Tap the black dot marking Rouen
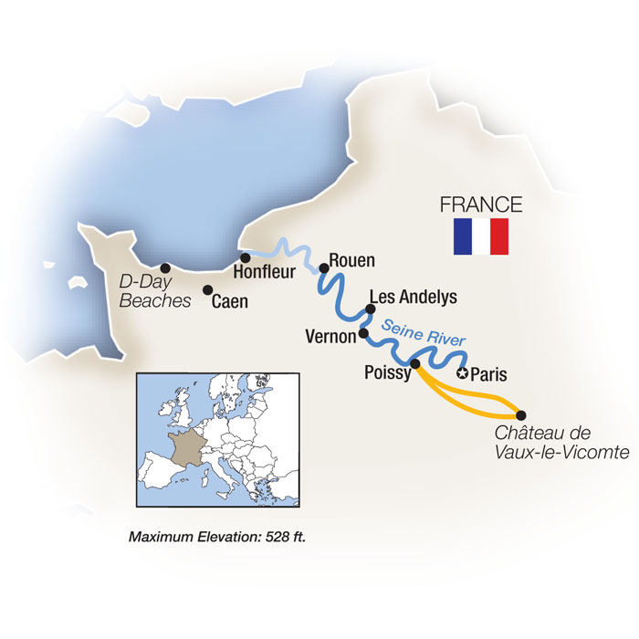[323, 268]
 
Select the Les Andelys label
[412, 298]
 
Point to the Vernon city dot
[365, 333]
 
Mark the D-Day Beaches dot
[165, 268]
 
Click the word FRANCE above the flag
[481, 204]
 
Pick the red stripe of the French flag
[498, 236]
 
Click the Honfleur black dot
[246, 257]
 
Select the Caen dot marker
[208, 290]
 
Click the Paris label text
[493, 374]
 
